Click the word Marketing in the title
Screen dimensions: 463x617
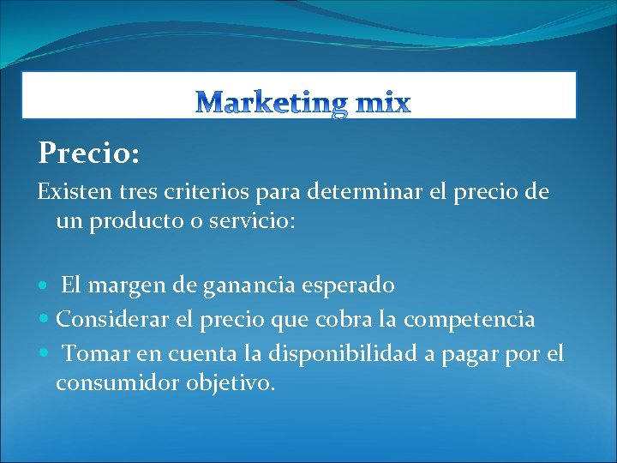tap(272, 105)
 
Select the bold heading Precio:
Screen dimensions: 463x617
tap(89, 153)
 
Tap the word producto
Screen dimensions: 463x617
tap(137, 221)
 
